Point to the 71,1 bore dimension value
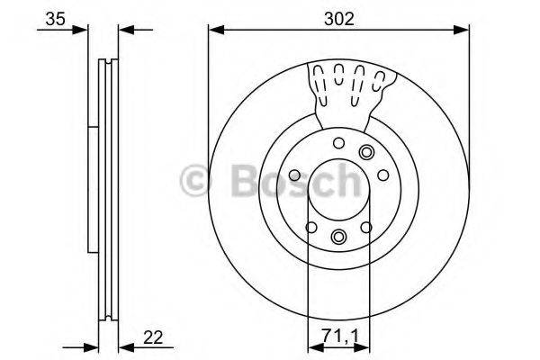[338, 338]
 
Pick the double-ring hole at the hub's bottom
[338, 237]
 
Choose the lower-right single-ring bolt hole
[366, 227]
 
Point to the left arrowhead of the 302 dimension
[214, 30]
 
